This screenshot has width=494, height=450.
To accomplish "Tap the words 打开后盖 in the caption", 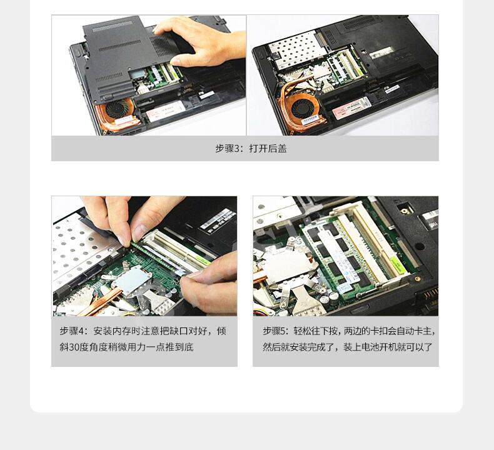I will pos(268,149).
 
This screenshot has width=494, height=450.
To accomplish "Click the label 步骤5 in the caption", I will pos(276,331).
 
